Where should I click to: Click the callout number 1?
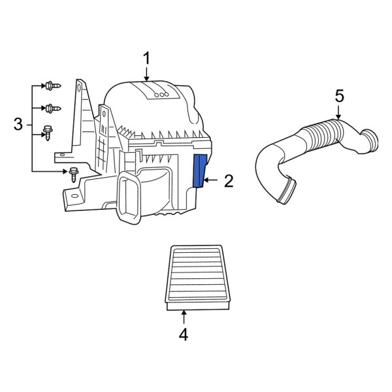point(147,59)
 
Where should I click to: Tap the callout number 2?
point(228,181)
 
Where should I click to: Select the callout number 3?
point(18,123)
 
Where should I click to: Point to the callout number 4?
point(184,335)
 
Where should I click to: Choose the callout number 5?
point(338,95)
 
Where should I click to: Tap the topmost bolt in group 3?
point(50,86)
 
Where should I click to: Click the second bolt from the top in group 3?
point(50,107)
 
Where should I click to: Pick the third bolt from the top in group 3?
point(48,132)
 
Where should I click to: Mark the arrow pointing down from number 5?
point(338,112)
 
